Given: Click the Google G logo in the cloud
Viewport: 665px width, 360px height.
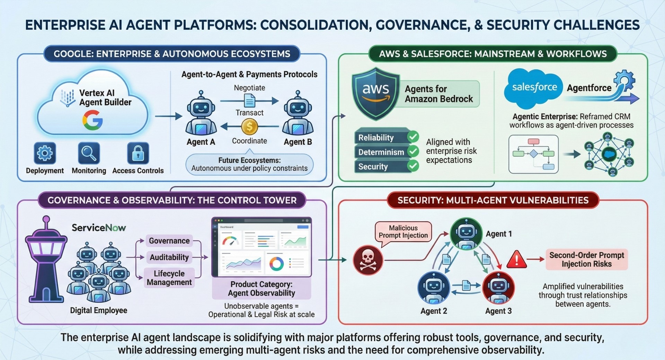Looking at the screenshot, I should (92, 120).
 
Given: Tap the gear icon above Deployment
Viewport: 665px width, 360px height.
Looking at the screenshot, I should (45, 153).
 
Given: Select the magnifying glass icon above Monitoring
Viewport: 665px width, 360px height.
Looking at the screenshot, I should (89, 153).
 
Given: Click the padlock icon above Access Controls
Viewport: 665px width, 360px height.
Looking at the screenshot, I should (138, 153).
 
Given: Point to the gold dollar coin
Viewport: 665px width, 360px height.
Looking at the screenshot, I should (249, 127).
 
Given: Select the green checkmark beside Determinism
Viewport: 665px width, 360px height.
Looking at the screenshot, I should (413, 151).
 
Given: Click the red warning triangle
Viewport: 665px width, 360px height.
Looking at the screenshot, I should (516, 260).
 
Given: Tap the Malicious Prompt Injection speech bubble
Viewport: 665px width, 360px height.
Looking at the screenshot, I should (403, 232).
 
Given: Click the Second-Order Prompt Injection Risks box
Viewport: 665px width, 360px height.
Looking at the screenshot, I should (586, 260).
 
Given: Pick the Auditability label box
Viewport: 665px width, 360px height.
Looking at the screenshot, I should (169, 257).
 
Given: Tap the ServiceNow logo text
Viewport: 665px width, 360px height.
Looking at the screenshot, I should (99, 228).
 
